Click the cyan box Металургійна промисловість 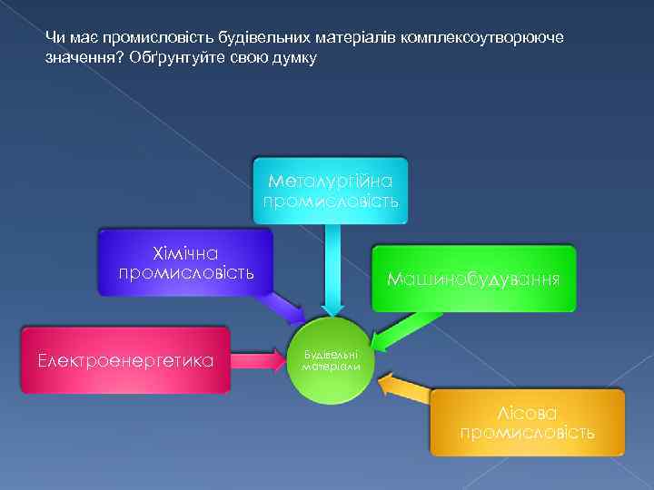[x=330, y=190]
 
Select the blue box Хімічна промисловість [x=185, y=261]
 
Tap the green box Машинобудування [x=473, y=279]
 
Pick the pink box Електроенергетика [x=125, y=360]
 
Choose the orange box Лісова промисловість [x=527, y=422]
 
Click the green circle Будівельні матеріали [x=331, y=360]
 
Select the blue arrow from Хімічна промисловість [x=288, y=307]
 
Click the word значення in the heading [x=76, y=57]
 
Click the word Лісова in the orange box [x=527, y=411]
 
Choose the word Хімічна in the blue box [x=185, y=252]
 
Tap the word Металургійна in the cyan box [x=330, y=180]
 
